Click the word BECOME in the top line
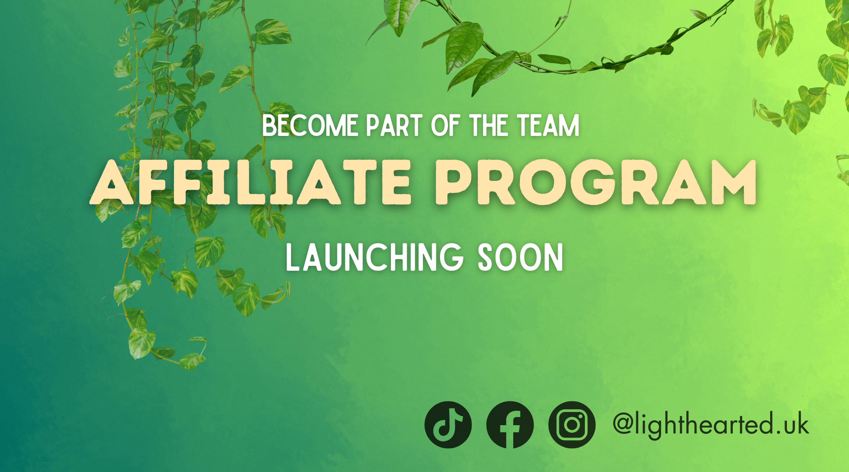(x=310, y=126)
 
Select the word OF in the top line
(x=445, y=126)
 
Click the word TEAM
(x=548, y=126)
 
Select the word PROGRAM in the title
(x=596, y=182)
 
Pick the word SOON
(x=521, y=258)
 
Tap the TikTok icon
(x=448, y=425)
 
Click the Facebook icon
(x=510, y=425)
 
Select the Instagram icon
(x=572, y=425)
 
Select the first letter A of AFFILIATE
(x=112, y=182)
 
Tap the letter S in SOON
(x=486, y=258)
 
